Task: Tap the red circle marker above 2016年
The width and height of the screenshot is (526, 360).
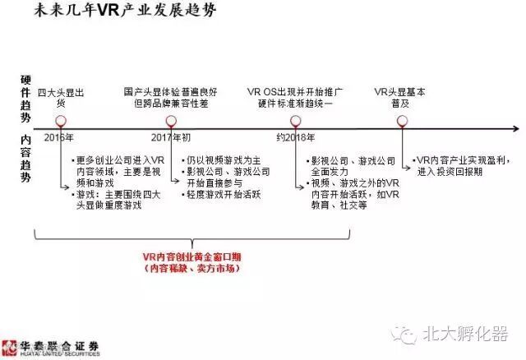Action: click(x=60, y=121)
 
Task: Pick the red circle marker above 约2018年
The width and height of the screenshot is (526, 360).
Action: click(x=296, y=121)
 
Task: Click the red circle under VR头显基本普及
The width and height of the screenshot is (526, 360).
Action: click(x=402, y=121)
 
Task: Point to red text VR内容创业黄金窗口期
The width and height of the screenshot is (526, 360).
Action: click(x=194, y=257)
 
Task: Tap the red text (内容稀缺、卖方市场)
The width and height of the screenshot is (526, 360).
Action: click(x=194, y=269)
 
